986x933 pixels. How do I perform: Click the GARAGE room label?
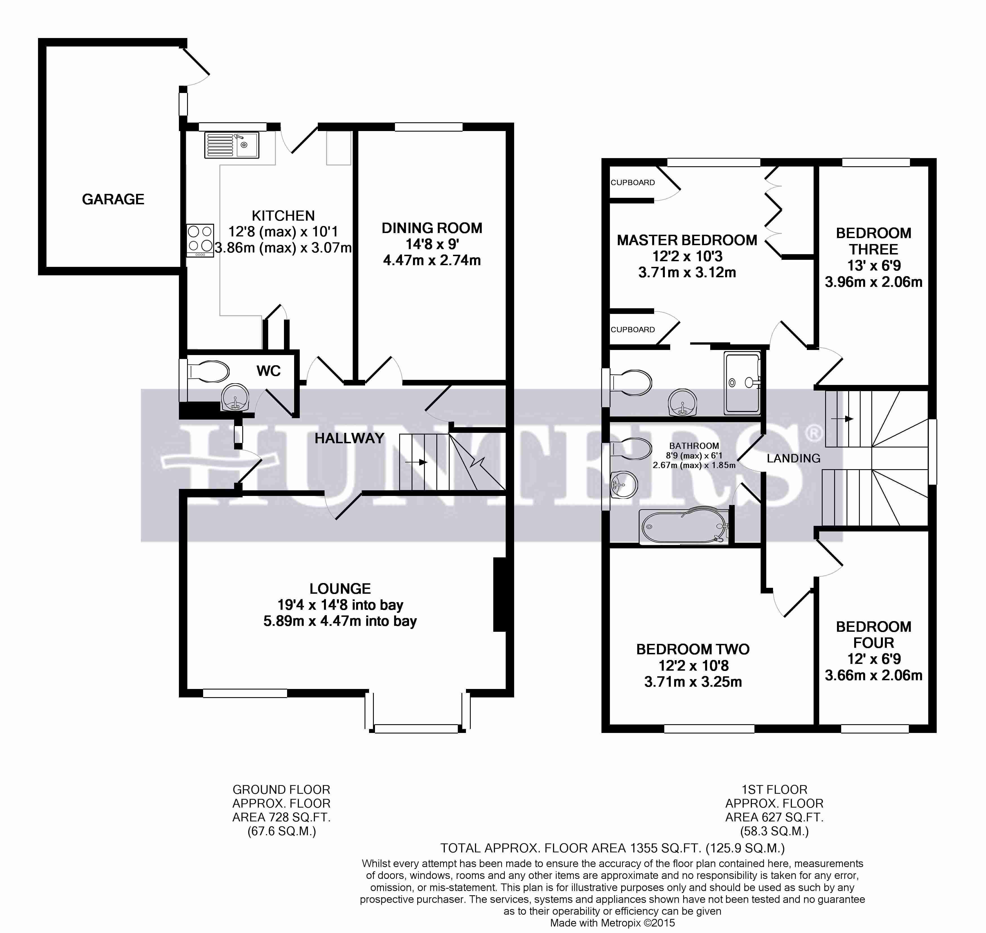point(113,200)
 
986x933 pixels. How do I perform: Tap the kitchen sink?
point(231,145)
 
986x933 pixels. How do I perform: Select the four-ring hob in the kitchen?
point(200,240)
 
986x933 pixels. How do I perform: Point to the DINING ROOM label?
point(432,228)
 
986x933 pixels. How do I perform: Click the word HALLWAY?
point(349,438)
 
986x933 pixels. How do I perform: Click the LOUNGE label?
point(340,589)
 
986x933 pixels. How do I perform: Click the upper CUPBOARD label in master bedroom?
point(632,183)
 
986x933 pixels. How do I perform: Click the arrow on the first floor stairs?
point(842,419)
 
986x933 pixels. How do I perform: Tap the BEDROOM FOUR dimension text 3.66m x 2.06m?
point(874,675)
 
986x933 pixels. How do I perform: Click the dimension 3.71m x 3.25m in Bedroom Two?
point(693,682)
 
